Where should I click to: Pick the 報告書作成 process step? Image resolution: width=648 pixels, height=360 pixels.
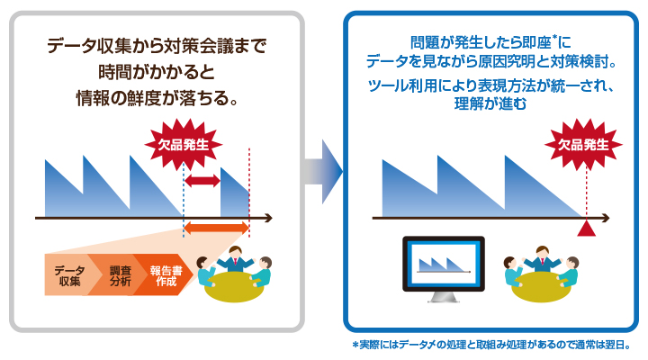coord(166,275)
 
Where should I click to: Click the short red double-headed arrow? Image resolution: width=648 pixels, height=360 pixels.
coord(202,182)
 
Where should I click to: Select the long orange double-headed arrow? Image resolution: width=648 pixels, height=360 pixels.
coord(216,229)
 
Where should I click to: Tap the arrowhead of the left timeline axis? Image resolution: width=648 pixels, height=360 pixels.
coord(271,219)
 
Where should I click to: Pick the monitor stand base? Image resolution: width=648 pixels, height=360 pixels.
coord(443,301)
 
